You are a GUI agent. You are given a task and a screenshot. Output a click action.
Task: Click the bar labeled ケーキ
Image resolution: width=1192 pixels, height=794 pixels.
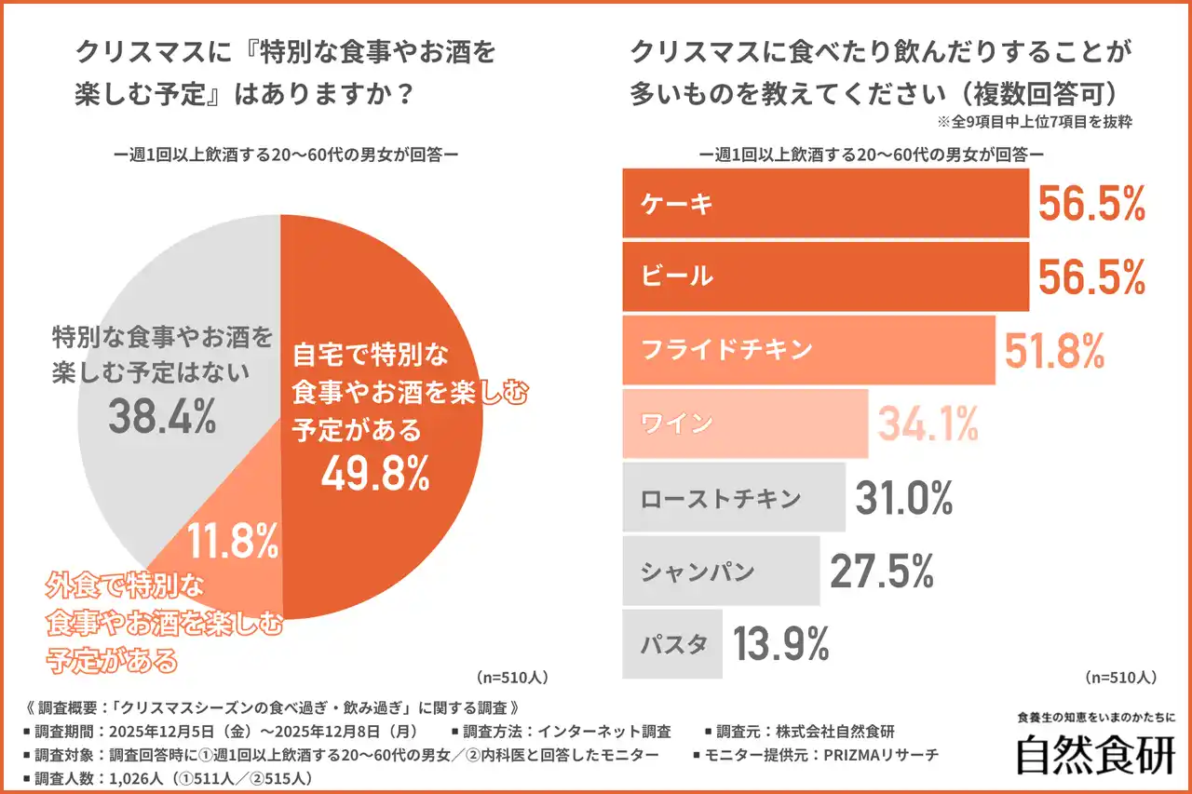pyautogui.click(x=825, y=204)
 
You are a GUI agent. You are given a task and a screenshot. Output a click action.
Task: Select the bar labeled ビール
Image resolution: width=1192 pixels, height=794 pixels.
pyautogui.click(x=825, y=276)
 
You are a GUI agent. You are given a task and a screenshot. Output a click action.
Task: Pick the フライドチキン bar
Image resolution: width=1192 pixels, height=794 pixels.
pyautogui.click(x=808, y=349)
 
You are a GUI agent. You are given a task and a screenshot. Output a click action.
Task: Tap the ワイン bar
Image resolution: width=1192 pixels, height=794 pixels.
pyautogui.click(x=744, y=424)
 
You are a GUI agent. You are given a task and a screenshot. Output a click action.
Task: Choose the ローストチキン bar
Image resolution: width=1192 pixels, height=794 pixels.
pyautogui.click(x=733, y=497)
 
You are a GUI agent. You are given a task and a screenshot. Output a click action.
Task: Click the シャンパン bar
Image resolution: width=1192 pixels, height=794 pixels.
pyautogui.click(x=720, y=571)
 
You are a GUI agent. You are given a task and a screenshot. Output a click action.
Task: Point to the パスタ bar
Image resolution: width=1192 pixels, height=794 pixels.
pyautogui.click(x=671, y=643)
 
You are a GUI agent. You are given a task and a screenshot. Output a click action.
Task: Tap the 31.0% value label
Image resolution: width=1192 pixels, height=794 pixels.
pyautogui.click(x=904, y=498)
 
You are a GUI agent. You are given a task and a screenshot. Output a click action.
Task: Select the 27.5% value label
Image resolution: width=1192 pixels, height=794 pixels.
pyautogui.click(x=881, y=572)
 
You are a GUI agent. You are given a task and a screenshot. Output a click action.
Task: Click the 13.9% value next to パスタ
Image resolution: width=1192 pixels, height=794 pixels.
pyautogui.click(x=781, y=644)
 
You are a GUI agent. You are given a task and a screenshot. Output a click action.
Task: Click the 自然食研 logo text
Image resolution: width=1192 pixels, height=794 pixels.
pyautogui.click(x=1095, y=755)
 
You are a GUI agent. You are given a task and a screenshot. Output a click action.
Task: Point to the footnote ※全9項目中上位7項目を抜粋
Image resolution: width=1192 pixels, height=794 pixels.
pyautogui.click(x=1033, y=123)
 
